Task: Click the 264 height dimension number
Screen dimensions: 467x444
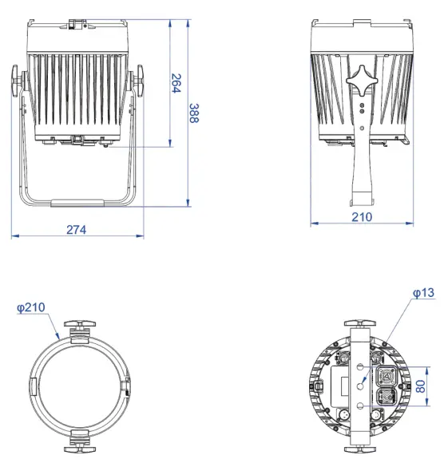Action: tap(176, 84)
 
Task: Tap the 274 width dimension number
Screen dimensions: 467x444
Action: tap(76, 228)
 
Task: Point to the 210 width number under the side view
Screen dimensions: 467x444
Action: tap(363, 216)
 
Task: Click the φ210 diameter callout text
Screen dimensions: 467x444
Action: tap(31, 308)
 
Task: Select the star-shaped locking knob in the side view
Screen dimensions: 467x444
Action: tap(362, 81)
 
